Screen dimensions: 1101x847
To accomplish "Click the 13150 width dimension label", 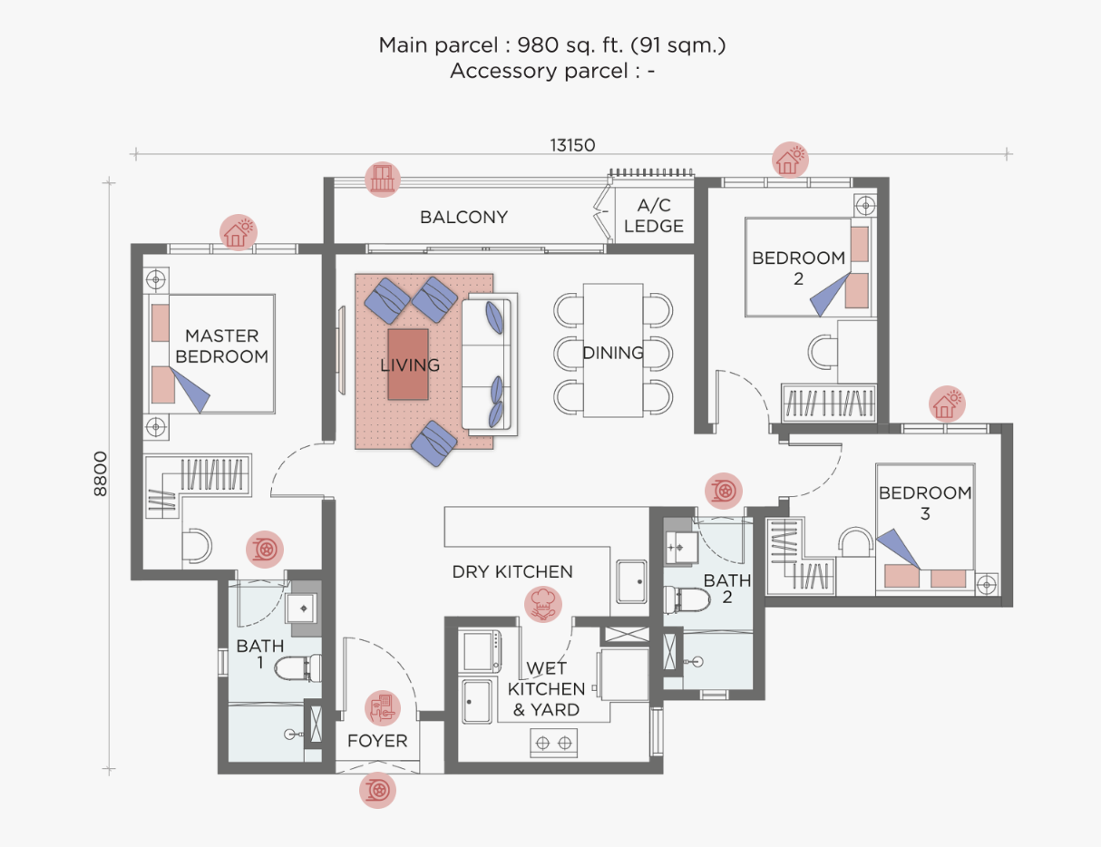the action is (572, 145).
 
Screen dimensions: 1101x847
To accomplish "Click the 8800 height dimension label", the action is (101, 474).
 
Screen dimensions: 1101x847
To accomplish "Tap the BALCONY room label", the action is (463, 218).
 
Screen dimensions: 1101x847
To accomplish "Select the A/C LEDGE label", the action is (654, 215).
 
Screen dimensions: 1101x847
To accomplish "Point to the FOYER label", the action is (377, 741).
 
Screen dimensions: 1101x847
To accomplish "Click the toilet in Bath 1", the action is (298, 667).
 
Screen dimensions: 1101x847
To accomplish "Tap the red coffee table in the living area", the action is (408, 365).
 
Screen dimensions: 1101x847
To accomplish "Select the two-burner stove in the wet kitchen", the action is (553, 743).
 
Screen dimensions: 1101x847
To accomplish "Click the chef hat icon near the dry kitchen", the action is (543, 604).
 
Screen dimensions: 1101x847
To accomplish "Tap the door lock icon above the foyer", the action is (383, 708).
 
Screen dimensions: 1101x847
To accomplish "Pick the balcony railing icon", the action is (383, 180).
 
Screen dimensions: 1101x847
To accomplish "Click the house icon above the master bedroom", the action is (239, 232).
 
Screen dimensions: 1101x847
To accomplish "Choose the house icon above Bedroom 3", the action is (947, 404).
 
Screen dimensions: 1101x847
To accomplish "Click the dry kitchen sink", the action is (631, 581).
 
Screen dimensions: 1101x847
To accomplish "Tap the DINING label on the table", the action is (613, 353).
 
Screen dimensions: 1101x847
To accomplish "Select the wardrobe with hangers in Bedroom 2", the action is (829, 404).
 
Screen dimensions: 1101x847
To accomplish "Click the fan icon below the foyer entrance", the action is (377, 790).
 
